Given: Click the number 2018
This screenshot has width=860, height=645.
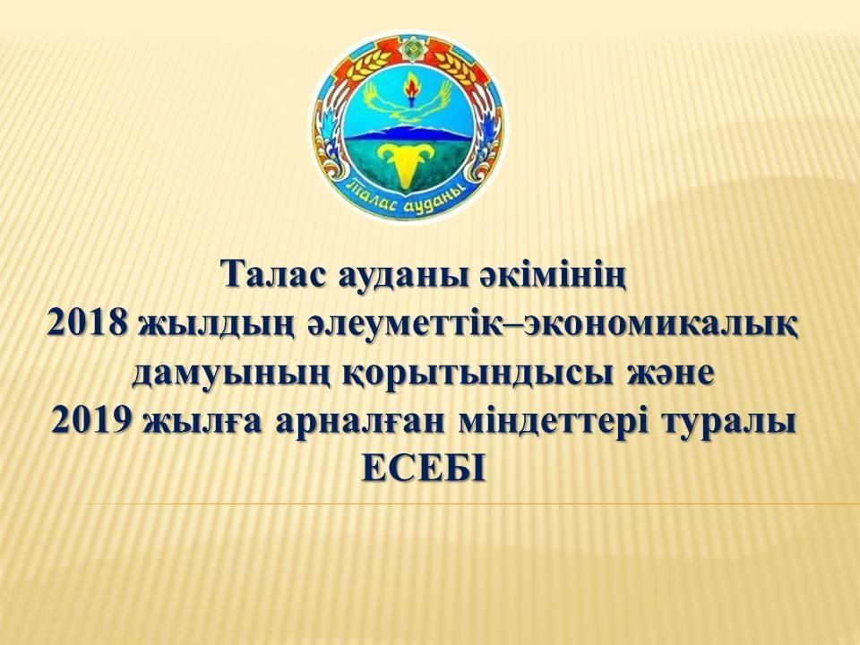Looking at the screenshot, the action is point(86,324).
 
